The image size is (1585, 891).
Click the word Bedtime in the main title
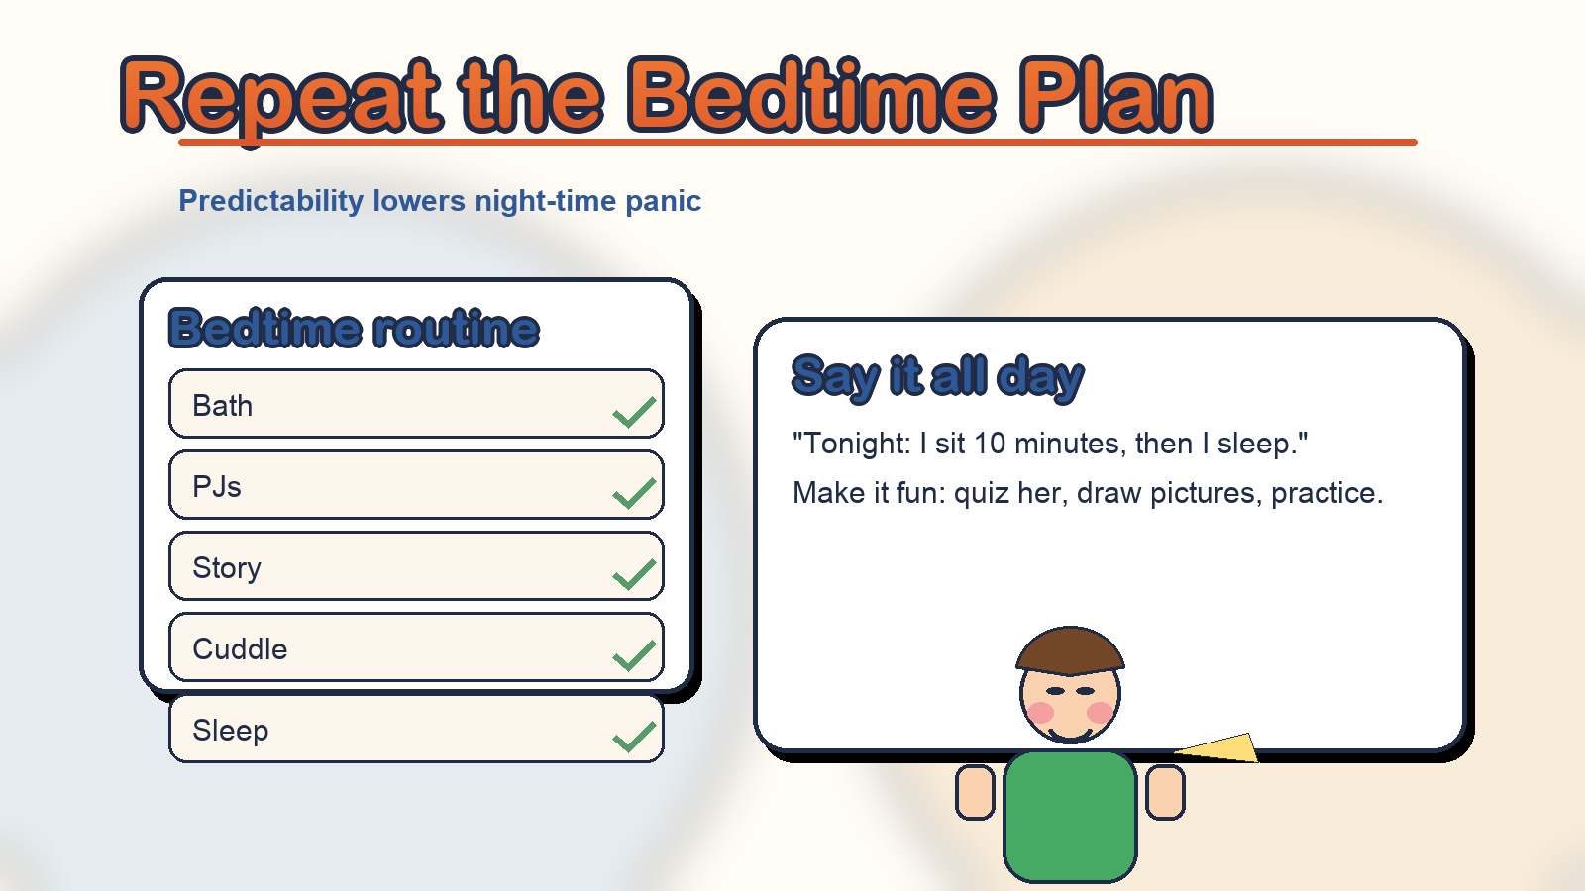(811, 95)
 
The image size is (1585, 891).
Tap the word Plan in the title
(1115, 95)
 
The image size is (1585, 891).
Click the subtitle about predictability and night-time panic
(440, 201)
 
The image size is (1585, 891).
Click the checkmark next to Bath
(634, 412)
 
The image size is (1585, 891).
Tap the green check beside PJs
(634, 493)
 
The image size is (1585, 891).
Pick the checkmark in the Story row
(634, 574)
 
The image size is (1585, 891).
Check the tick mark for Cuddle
(634, 655)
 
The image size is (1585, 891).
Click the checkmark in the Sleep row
(634, 737)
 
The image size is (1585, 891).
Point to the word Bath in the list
(222, 406)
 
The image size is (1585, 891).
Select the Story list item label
(227, 568)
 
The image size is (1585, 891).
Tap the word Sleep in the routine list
(231, 730)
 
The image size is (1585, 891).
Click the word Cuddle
(240, 649)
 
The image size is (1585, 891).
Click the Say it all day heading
(937, 377)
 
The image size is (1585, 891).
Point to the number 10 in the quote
(990, 444)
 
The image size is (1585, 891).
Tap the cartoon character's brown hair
(1070, 649)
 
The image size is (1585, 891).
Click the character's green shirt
(1070, 816)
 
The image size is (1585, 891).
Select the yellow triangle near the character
(1224, 749)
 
